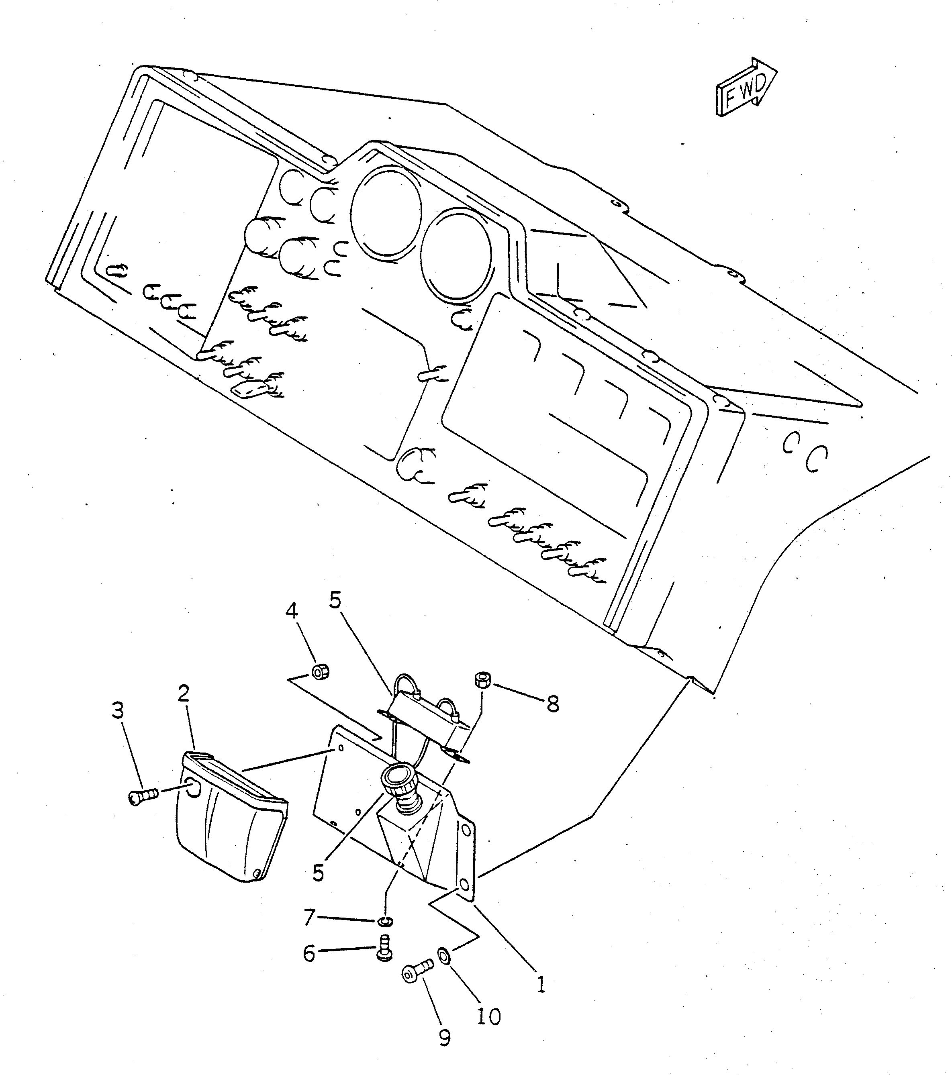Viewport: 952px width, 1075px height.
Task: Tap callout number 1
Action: click(541, 984)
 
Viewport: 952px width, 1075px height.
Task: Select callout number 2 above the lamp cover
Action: click(183, 694)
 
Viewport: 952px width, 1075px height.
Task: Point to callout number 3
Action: click(118, 710)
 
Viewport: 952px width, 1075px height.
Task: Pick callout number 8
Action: click(552, 704)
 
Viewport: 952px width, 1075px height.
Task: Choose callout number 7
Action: click(309, 918)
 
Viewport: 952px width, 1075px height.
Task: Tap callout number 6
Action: click(309, 953)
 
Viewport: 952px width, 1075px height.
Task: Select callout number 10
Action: click(488, 1017)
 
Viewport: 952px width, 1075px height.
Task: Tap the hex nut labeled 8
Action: click(482, 680)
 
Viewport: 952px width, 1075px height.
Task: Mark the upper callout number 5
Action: click(335, 600)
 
